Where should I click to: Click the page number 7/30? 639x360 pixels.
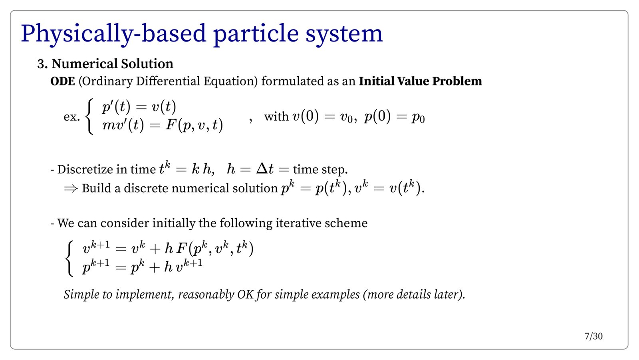tap(593, 336)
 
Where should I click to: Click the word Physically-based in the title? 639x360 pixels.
tap(113, 34)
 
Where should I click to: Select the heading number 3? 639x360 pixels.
tap(42, 64)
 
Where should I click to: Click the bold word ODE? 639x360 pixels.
tap(63, 81)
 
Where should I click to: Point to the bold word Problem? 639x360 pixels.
tap(457, 81)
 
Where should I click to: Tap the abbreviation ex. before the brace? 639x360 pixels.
tap(71, 117)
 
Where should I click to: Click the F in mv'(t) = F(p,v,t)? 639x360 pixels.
tap(171, 125)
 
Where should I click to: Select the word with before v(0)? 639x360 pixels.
tap(276, 116)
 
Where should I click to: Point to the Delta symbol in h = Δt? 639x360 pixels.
tap(262, 169)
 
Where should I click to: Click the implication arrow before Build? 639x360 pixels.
tap(71, 188)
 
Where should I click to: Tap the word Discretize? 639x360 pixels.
tap(81, 169)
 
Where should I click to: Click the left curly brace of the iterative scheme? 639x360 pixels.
tap(69, 259)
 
